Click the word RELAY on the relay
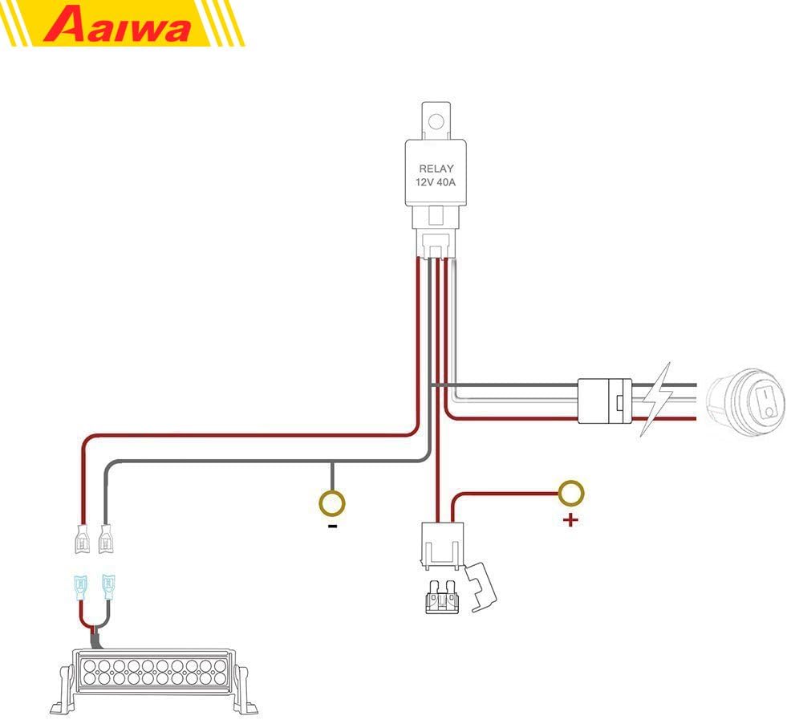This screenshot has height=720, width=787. pos(436,169)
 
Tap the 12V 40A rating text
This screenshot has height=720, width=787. pos(436,183)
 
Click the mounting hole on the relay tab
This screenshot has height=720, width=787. pos(436,122)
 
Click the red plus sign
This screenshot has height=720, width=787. pos(570,520)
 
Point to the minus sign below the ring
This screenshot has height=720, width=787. pos(331,527)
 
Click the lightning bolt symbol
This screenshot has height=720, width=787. pos(655,400)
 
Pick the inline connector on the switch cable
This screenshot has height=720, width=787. pos(604,400)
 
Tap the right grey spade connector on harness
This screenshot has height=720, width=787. pos(105,538)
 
